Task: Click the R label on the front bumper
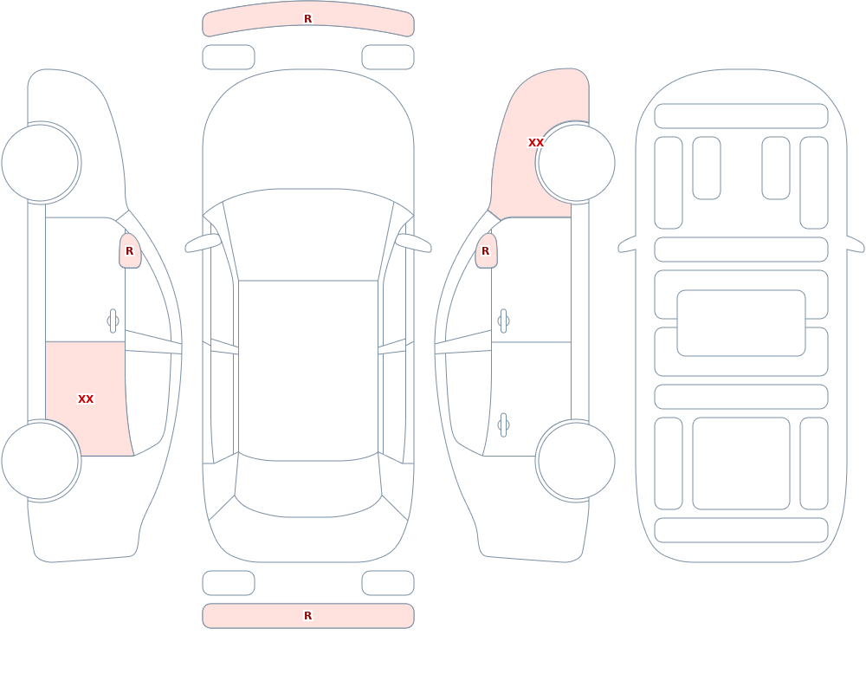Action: [307, 19]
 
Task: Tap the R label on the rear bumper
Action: [307, 616]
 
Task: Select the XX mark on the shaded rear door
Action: [86, 399]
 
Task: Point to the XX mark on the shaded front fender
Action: [536, 143]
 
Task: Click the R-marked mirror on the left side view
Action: [130, 251]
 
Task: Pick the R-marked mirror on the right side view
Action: [486, 251]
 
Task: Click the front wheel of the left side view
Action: [41, 163]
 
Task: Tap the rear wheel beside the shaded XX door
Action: [41, 460]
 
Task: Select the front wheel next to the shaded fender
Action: [576, 163]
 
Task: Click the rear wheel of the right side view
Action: [576, 460]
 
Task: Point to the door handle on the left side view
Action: [113, 321]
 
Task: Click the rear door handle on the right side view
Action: [503, 425]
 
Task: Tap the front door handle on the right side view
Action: [503, 321]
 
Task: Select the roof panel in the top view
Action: [308, 370]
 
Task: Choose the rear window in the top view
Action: [308, 486]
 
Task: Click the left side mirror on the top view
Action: [202, 243]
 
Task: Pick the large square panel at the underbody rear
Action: [741, 463]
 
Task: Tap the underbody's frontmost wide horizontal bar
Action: [741, 115]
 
